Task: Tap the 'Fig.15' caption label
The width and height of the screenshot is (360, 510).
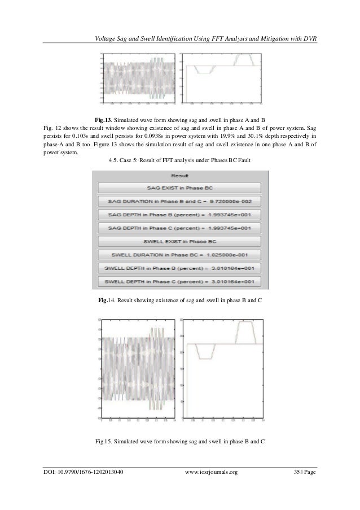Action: [104, 441]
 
